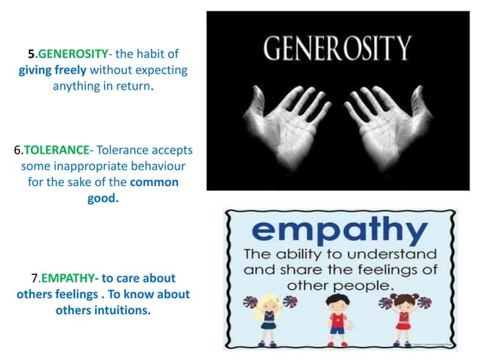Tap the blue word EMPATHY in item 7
69,279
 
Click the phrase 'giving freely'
53,70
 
